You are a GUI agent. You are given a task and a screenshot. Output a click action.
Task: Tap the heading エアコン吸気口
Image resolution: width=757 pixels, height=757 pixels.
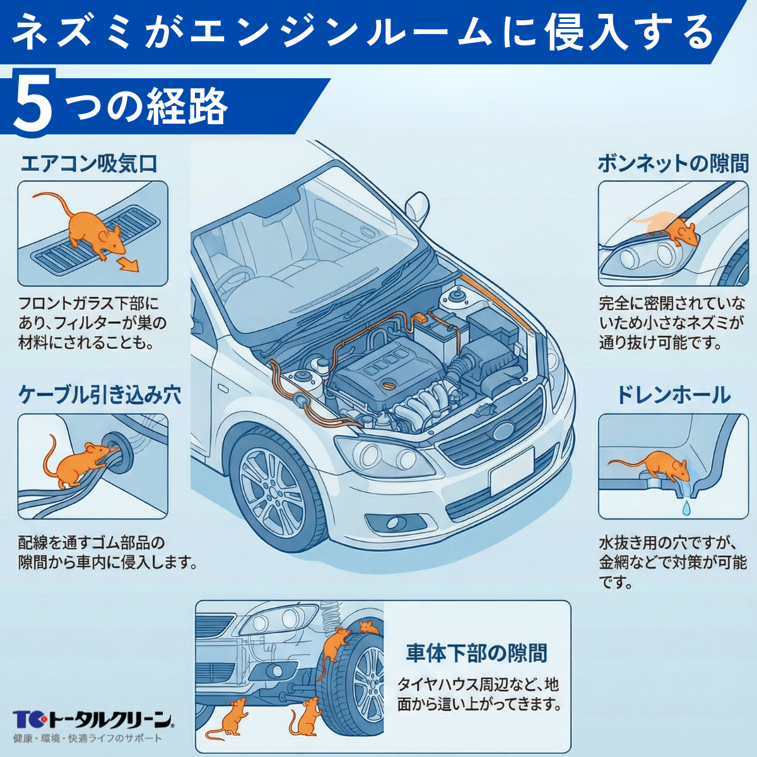[x=88, y=164]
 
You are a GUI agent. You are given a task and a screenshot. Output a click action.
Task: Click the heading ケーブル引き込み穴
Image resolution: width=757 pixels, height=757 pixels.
[x=100, y=395]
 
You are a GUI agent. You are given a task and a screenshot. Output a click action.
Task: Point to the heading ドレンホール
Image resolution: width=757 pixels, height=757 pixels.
[x=673, y=395]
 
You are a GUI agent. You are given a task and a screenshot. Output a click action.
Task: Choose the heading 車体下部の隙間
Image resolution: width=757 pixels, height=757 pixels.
[x=476, y=653]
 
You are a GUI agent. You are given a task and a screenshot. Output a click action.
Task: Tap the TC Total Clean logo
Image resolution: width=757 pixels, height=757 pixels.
[x=92, y=719]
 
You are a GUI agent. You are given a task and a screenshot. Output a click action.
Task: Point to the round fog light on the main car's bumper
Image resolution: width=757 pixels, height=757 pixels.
[x=393, y=523]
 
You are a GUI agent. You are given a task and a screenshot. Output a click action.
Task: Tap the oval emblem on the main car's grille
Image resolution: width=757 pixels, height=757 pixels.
[x=503, y=431]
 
